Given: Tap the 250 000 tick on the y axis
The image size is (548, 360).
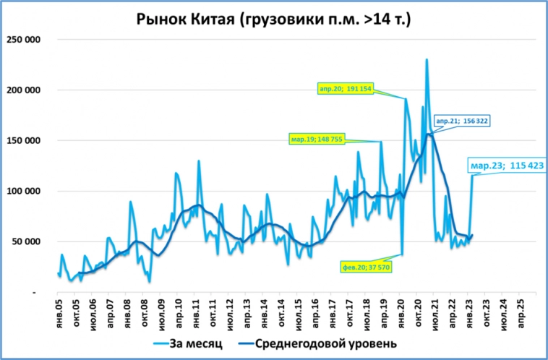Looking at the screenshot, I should [23, 39].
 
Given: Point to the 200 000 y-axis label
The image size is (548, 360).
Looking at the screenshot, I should [23, 90].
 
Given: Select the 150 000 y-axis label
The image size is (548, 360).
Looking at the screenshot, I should [23, 140].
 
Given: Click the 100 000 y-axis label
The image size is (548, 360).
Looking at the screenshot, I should [23, 191].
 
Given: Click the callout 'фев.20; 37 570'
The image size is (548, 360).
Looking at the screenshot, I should [367, 266].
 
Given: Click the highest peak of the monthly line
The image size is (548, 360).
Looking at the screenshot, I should [427, 59].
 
